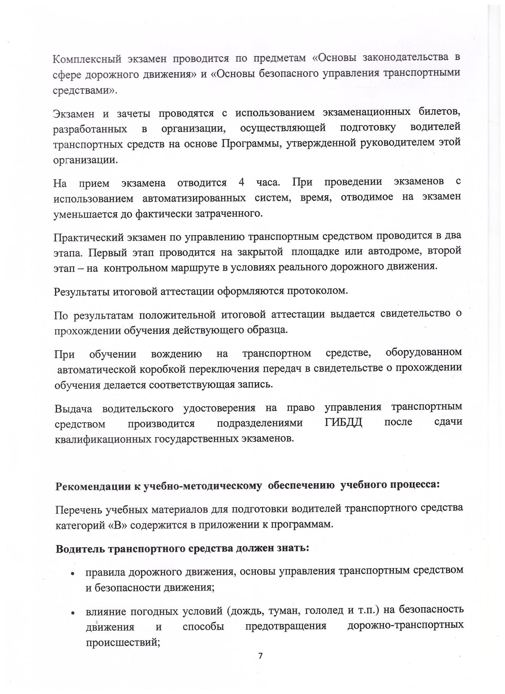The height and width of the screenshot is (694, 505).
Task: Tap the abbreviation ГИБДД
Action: point(343,422)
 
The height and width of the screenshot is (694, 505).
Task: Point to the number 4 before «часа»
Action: point(242,182)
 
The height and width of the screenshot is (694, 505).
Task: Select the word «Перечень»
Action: point(78,510)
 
